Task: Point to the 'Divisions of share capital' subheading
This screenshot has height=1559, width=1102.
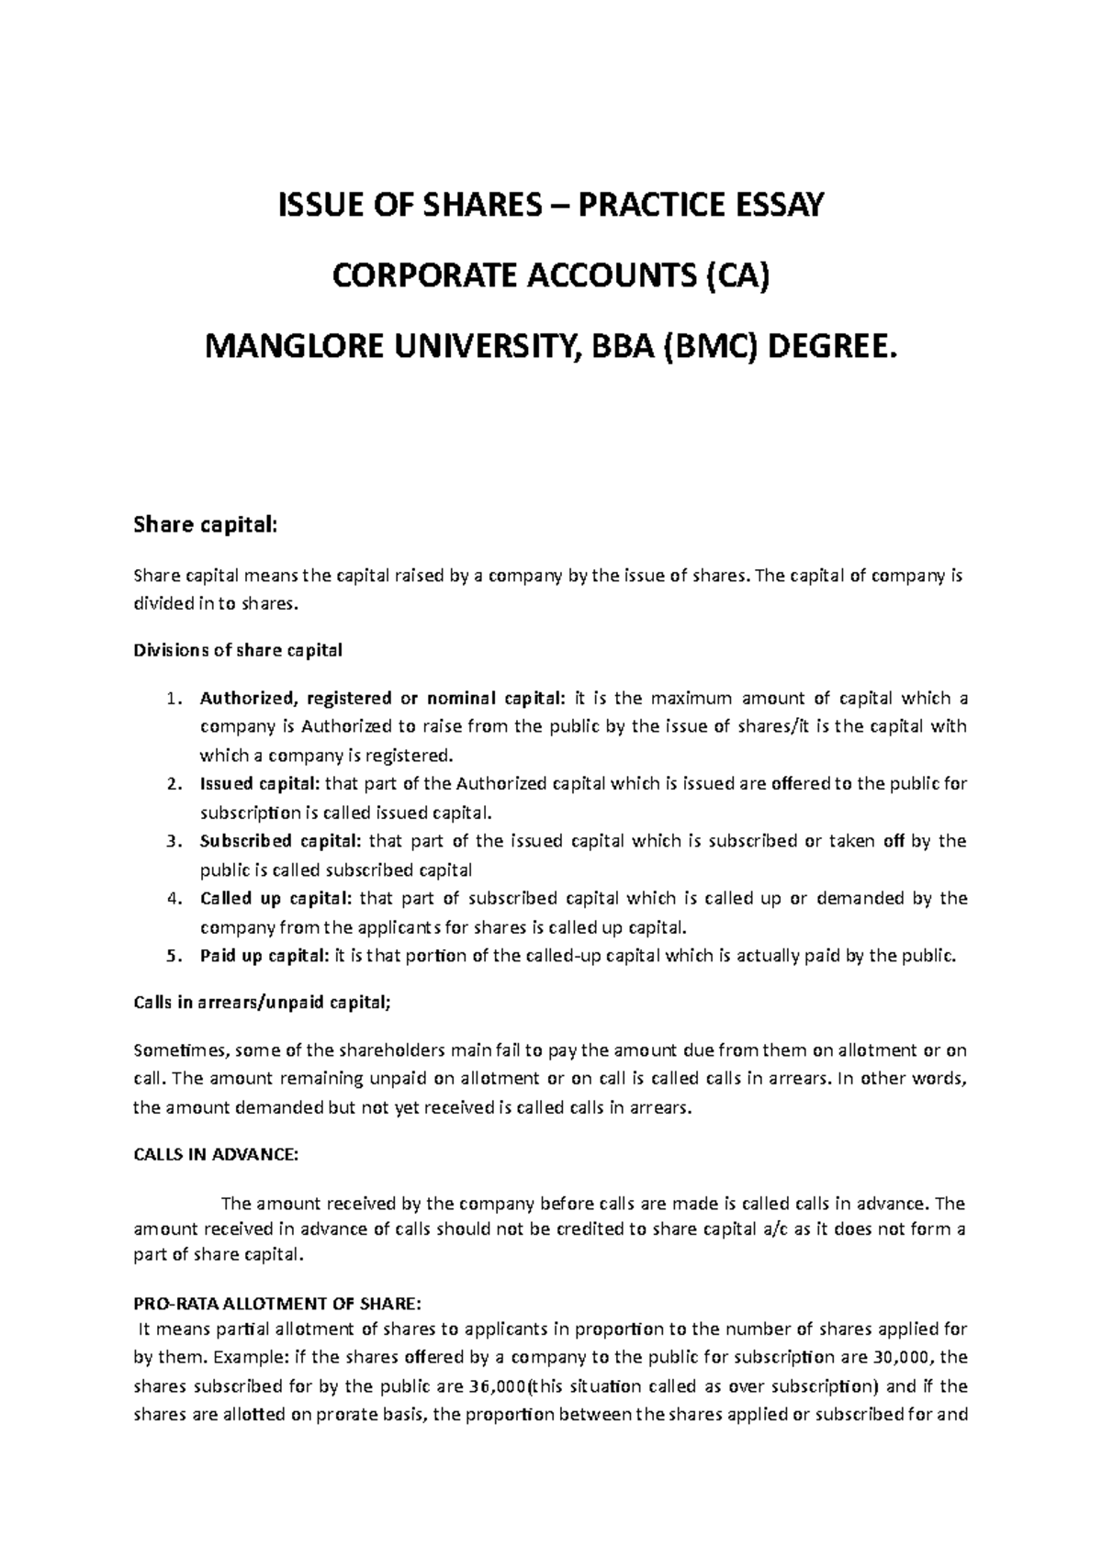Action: coord(238,650)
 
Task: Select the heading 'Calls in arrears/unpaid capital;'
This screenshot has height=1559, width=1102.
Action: coord(262,1004)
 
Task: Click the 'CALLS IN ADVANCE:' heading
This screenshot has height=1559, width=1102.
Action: coord(216,1155)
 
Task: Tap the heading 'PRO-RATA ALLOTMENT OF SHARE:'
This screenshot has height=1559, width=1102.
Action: coord(277,1304)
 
